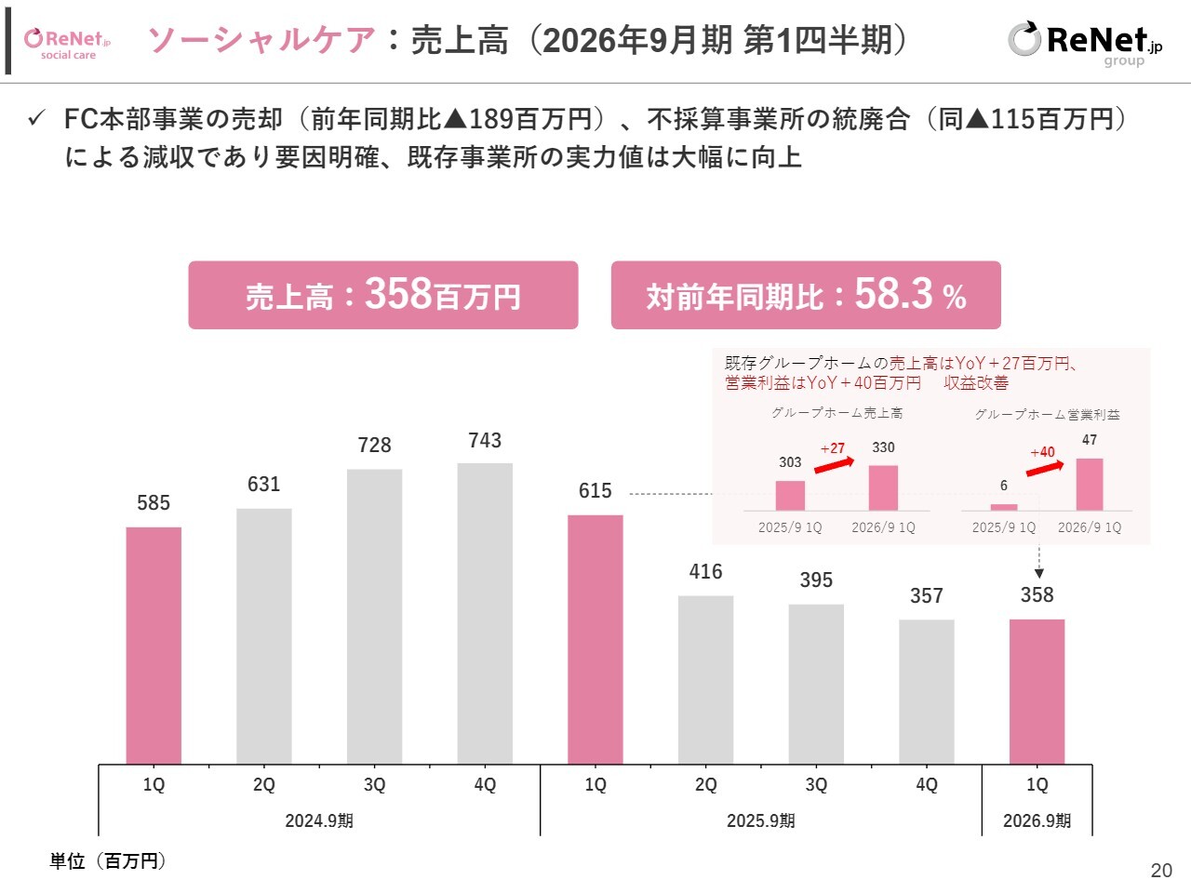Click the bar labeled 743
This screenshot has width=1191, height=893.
(485, 613)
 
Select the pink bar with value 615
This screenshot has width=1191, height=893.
(595, 639)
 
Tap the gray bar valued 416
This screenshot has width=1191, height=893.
(705, 679)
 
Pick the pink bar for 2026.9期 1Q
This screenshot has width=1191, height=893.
(1037, 691)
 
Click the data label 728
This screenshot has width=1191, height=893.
(375, 446)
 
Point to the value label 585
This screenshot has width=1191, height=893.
(154, 503)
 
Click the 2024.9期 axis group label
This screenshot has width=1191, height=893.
(319, 820)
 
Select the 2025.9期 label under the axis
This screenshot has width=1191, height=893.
(760, 820)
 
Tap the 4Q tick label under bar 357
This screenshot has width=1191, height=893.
(927, 785)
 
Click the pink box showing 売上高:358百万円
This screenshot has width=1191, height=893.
(383, 295)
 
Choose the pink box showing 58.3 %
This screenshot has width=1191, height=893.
(806, 295)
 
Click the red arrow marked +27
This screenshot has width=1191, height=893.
(834, 463)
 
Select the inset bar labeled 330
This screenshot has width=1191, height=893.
(883, 487)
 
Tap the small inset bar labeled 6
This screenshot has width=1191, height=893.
(1004, 507)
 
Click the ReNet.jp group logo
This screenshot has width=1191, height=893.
(1084, 43)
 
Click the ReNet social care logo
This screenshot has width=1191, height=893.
(68, 42)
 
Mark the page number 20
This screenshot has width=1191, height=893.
(1161, 871)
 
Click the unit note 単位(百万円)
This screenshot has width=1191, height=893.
(108, 861)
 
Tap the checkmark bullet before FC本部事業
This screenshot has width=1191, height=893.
(37, 119)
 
